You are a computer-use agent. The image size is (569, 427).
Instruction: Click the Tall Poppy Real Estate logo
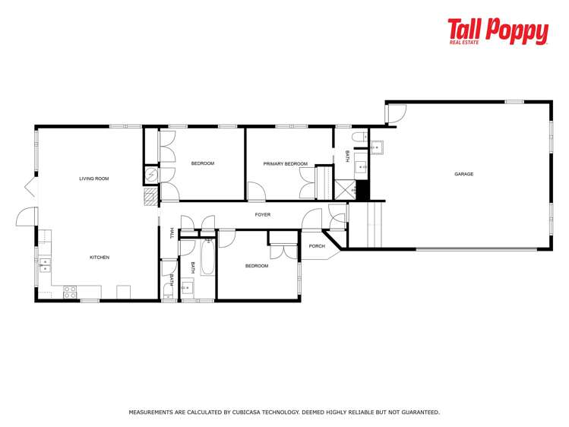coord(498,32)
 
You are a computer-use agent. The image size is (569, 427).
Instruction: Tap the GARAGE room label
coord(463,174)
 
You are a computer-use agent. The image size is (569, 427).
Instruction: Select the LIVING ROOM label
coord(94,179)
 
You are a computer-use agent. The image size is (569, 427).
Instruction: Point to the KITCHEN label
coord(100,258)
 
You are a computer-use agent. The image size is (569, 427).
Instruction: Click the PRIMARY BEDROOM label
coord(285,164)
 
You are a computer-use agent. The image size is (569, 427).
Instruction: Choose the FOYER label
coord(262,215)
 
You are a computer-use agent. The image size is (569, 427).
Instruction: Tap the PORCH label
coord(317,246)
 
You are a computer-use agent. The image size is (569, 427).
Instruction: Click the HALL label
coord(172,233)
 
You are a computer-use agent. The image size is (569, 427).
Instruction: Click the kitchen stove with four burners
coord(70,290)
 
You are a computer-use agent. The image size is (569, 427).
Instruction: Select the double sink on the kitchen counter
coord(44,264)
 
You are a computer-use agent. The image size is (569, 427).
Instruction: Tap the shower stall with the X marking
coord(345,189)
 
